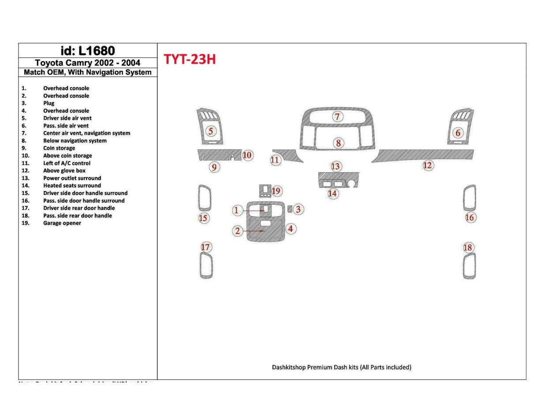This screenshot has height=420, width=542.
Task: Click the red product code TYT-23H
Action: [x=190, y=60]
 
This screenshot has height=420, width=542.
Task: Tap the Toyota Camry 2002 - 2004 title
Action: [x=87, y=63]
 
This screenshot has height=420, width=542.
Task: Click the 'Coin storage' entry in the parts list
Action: [x=59, y=148]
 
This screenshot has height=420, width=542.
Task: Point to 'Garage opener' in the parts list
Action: [x=62, y=223]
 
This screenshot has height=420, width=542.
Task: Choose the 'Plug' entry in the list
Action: [x=49, y=103]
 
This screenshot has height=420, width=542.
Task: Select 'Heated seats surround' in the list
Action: [x=72, y=186]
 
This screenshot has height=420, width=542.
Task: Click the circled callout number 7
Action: [x=338, y=117]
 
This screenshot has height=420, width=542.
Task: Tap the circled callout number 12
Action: [x=428, y=165]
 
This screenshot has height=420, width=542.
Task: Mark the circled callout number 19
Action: [x=276, y=191]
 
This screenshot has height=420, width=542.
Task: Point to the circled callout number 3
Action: [x=298, y=209]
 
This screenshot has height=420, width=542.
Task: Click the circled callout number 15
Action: [x=203, y=218]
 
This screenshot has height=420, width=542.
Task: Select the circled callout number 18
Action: [x=468, y=248]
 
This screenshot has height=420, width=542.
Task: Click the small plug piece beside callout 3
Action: [x=290, y=209]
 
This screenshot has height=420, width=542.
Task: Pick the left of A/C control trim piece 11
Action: [x=289, y=155]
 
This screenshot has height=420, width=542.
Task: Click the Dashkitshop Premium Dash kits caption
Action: [x=342, y=367]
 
